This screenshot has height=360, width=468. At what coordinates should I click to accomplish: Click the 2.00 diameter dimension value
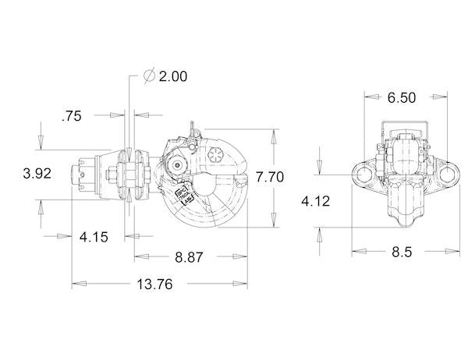(173, 76)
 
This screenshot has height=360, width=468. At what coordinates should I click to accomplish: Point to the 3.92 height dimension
(36, 173)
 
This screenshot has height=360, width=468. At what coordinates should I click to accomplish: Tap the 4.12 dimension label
(316, 201)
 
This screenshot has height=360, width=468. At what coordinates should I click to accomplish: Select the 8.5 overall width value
(402, 252)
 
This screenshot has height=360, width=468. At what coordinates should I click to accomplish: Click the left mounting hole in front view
(362, 173)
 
